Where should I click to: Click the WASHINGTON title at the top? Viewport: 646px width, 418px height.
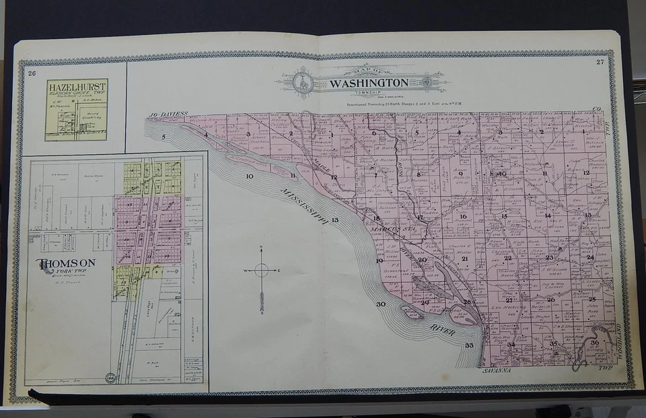pos(368,83)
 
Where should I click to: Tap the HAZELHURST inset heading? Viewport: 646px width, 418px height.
pos(75,86)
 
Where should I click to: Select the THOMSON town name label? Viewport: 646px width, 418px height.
pos(66,263)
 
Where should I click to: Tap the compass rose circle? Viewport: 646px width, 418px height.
pos(261,271)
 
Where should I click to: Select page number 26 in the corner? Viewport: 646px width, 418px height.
pos(32,73)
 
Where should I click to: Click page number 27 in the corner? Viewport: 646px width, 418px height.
pos(600,63)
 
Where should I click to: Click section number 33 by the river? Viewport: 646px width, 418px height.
pos(469,345)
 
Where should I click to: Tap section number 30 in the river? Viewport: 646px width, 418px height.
pos(381,304)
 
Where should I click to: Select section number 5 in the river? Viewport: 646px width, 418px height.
pos(163,137)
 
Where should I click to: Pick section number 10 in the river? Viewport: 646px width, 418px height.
pos(249,176)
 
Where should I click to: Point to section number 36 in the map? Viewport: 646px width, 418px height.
pos(594,343)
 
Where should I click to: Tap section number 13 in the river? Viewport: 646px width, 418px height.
pos(334,220)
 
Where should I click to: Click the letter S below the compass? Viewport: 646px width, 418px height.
pos(261,313)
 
